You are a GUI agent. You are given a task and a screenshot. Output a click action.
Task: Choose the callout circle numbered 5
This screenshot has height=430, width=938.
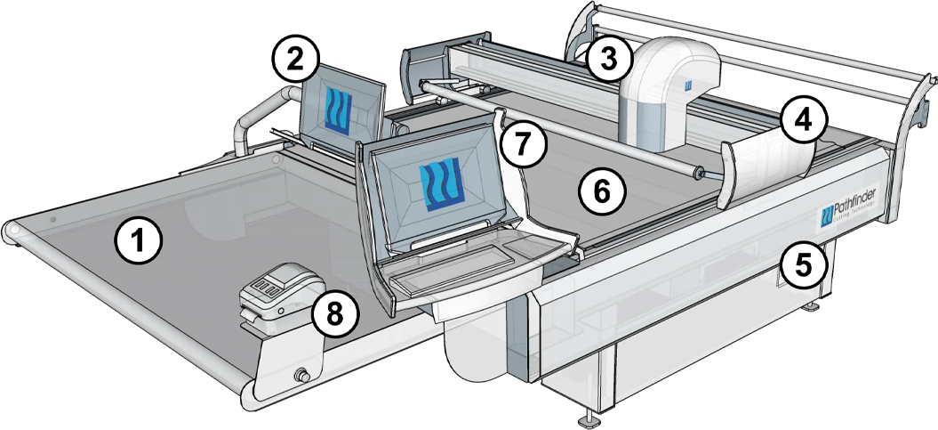[x=803, y=264]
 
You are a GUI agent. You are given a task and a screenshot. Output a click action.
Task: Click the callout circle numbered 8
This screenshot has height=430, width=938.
[x=333, y=313]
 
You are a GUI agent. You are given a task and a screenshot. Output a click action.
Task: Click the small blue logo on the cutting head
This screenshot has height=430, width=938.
[x=687, y=85]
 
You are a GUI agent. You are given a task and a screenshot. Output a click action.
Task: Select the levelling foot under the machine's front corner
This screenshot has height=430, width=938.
[x=588, y=415]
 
